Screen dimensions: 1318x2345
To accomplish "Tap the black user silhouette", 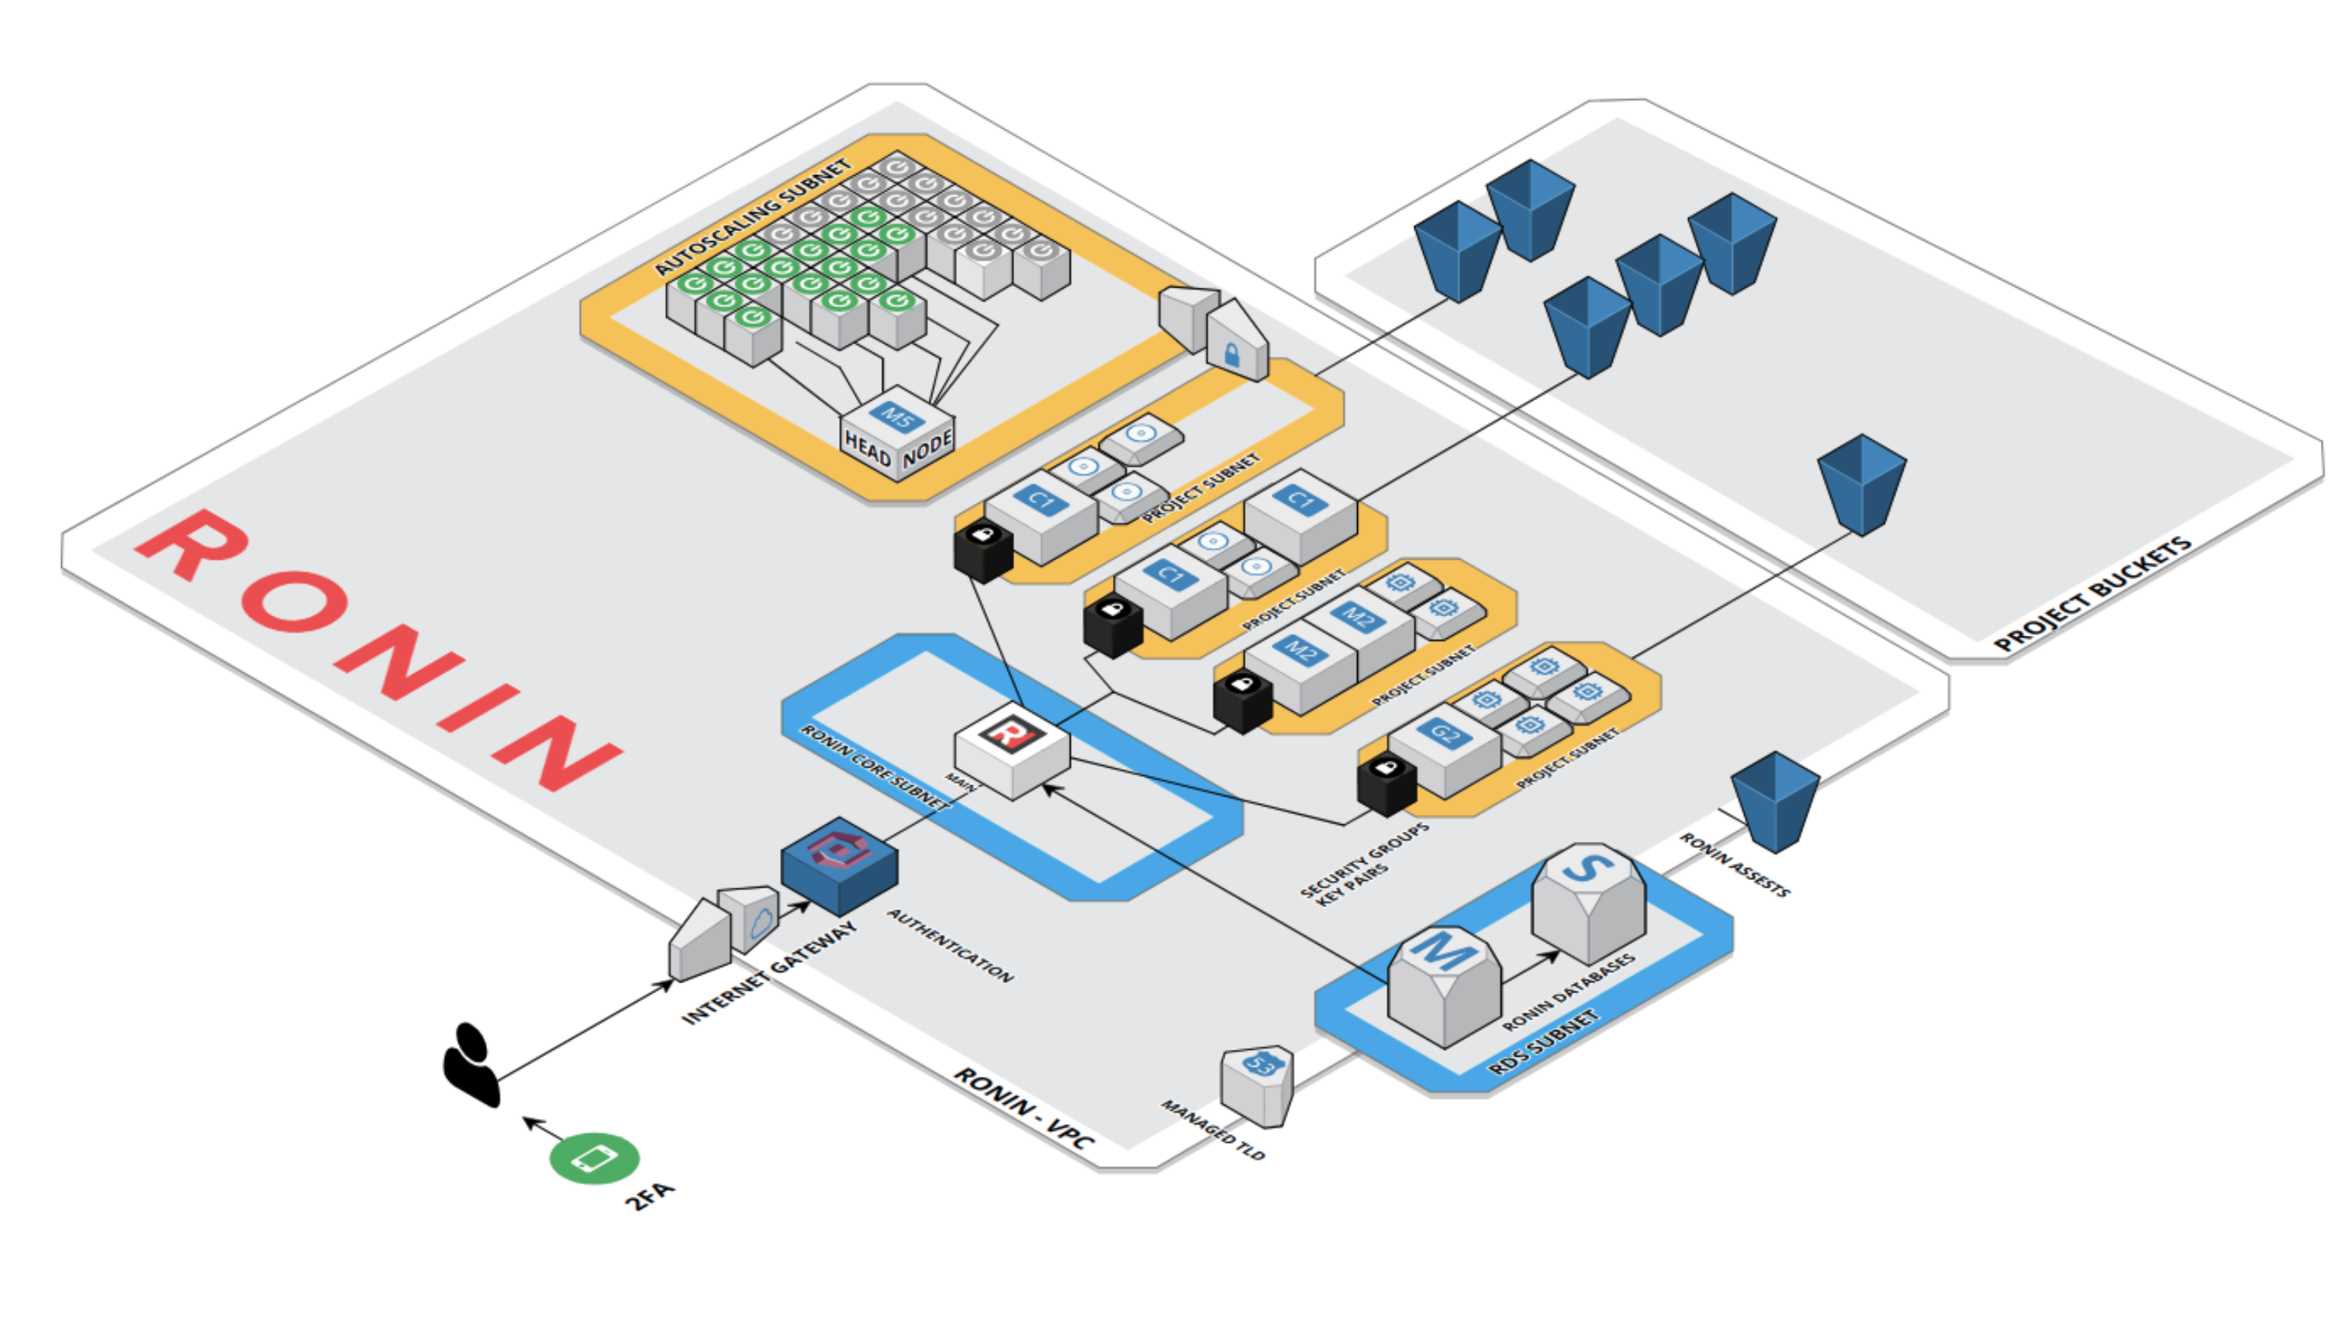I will [471, 1065].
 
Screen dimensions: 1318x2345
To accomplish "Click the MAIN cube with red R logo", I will [1011, 749].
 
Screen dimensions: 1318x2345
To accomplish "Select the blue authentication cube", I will [839, 864].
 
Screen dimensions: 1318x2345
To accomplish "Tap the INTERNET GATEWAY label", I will [769, 972].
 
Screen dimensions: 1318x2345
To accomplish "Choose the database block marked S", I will [1588, 901].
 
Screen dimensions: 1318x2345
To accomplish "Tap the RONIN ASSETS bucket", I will [1774, 801].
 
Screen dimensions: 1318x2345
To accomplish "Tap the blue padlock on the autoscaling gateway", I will [1231, 354].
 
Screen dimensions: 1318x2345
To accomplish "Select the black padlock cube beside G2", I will [1387, 785].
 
